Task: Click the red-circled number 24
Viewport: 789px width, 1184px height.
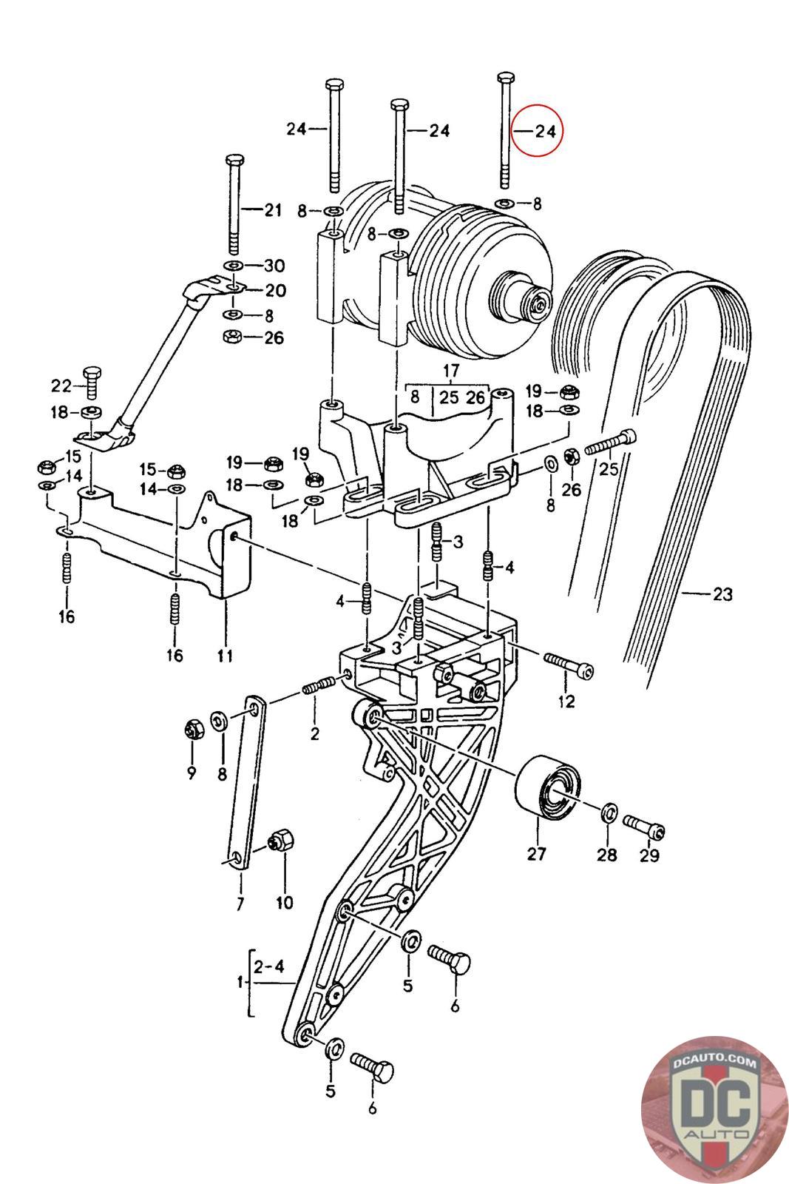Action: [546, 131]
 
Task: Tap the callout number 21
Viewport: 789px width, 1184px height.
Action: [273, 210]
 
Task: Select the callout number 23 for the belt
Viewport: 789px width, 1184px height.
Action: [722, 594]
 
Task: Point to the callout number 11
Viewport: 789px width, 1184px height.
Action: [225, 656]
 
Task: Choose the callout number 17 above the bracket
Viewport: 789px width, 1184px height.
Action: [450, 370]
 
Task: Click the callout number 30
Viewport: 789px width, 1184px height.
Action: [274, 266]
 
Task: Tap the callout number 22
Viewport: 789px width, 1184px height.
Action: [61, 386]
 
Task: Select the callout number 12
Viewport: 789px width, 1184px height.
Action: [566, 702]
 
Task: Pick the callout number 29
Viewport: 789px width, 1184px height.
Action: [649, 855]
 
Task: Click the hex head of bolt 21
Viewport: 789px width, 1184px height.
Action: [234, 159]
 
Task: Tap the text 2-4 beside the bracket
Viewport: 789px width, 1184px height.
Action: [269, 966]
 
